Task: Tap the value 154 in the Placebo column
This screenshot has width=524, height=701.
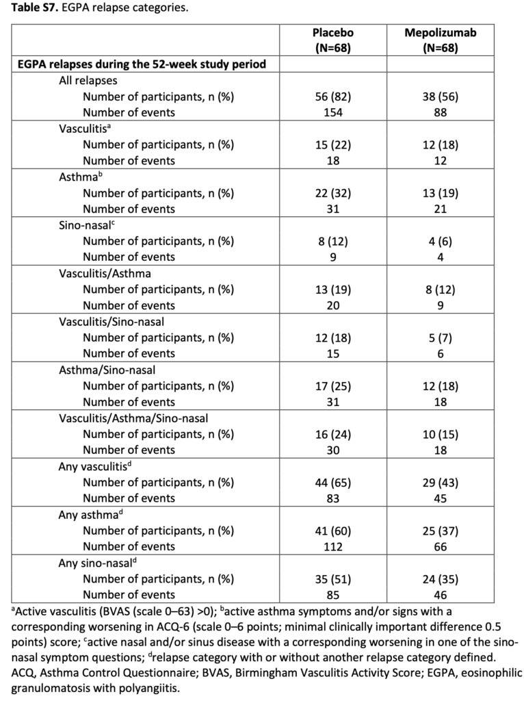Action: coord(333,113)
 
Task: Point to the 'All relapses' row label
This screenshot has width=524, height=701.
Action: coord(88,81)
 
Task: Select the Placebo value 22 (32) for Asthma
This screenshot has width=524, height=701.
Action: coord(333,193)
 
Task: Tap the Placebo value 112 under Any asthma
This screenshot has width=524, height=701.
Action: coord(333,546)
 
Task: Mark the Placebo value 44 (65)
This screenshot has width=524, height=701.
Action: coord(333,482)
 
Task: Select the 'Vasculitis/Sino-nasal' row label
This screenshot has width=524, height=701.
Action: coord(112,321)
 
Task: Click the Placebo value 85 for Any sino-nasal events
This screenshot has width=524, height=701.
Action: coord(333,594)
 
